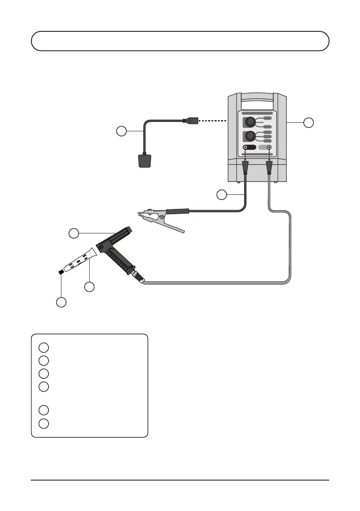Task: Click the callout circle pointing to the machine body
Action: click(x=308, y=122)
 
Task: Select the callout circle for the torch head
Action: click(x=74, y=233)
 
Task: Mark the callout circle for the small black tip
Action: click(x=61, y=302)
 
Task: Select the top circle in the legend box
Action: click(x=43, y=347)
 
